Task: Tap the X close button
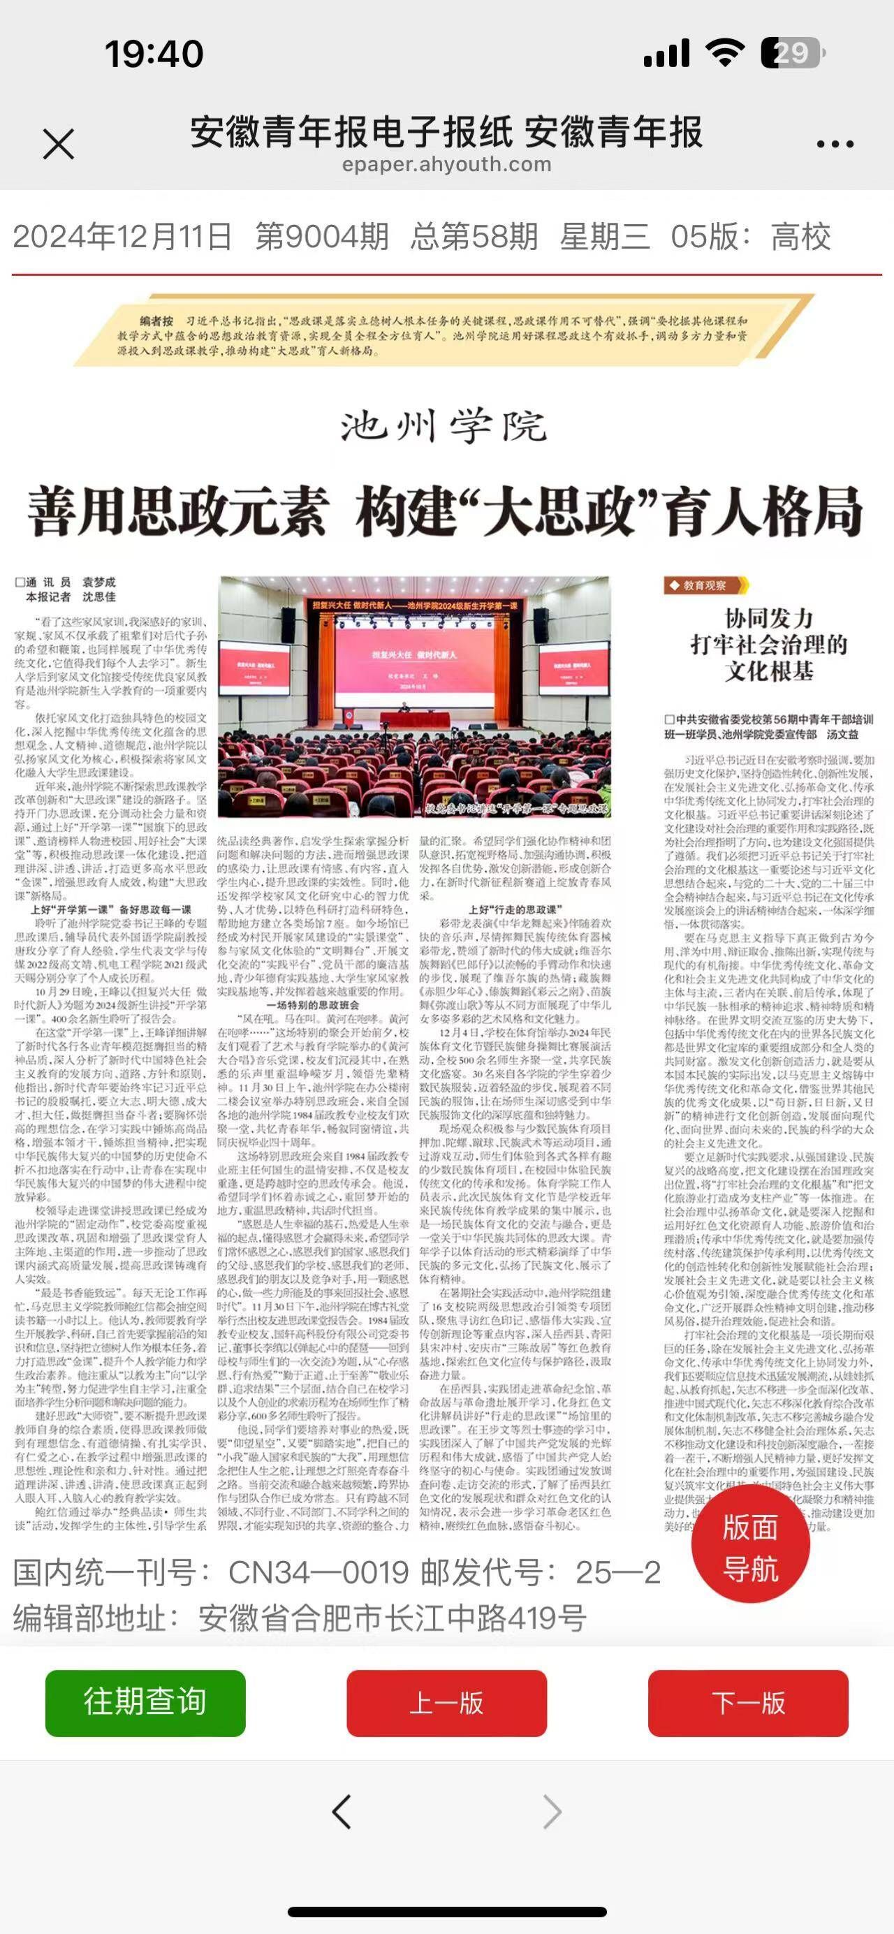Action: pyautogui.click(x=59, y=143)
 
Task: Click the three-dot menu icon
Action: pyautogui.click(x=835, y=143)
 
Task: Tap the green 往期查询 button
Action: pyautogui.click(x=145, y=1702)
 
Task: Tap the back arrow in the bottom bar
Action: pyautogui.click(x=342, y=1812)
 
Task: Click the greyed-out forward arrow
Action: pyautogui.click(x=552, y=1812)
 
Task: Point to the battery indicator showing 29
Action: pyautogui.click(x=793, y=53)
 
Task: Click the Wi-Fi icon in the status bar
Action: pyautogui.click(x=724, y=52)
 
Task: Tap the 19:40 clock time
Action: pyautogui.click(x=154, y=54)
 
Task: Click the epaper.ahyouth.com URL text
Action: pyautogui.click(x=446, y=164)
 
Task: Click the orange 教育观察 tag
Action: pyautogui.click(x=705, y=585)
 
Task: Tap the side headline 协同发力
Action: pyautogui.click(x=769, y=618)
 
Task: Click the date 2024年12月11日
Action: pyautogui.click(x=122, y=237)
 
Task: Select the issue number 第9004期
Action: pyautogui.click(x=322, y=237)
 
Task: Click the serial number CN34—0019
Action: pyautogui.click(x=318, y=1572)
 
